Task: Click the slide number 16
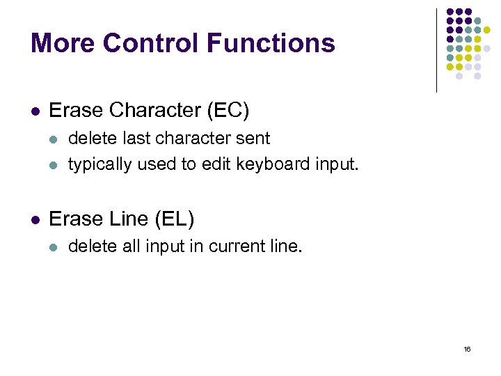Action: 467,348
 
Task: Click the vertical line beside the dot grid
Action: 436,50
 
